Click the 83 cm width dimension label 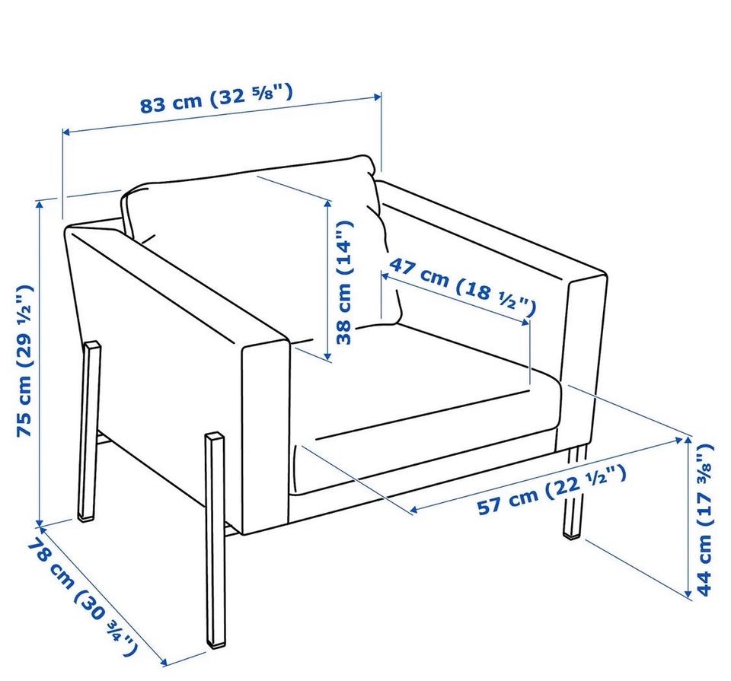217,98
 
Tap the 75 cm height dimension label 24,360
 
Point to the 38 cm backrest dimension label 345,282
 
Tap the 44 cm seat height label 705,520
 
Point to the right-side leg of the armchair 574,493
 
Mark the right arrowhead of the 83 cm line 378,97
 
